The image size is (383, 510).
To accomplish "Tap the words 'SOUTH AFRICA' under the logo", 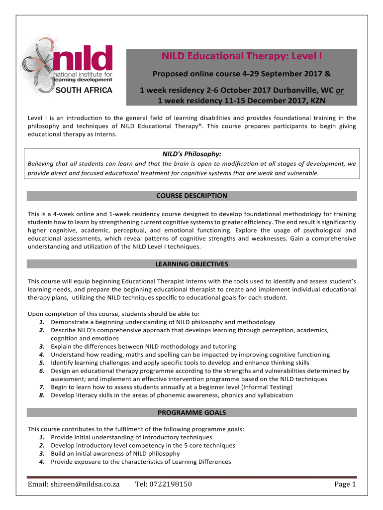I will pos(83,90).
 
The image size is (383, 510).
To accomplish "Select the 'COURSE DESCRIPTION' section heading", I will pos(191,196).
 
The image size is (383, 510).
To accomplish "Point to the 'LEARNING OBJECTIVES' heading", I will pos(191,264).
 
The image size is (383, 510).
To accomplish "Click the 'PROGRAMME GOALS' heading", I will pos(191,412).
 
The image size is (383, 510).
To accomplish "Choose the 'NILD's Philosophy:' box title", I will pos(191,155).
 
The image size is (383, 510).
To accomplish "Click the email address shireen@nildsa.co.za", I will pos(74,485).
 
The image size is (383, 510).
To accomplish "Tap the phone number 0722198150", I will pos(164,485).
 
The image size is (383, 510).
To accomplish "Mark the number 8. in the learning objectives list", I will pos(42,395).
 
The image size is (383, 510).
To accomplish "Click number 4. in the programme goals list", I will pos(42,462).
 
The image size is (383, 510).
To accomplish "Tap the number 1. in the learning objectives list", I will pos(42,322).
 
